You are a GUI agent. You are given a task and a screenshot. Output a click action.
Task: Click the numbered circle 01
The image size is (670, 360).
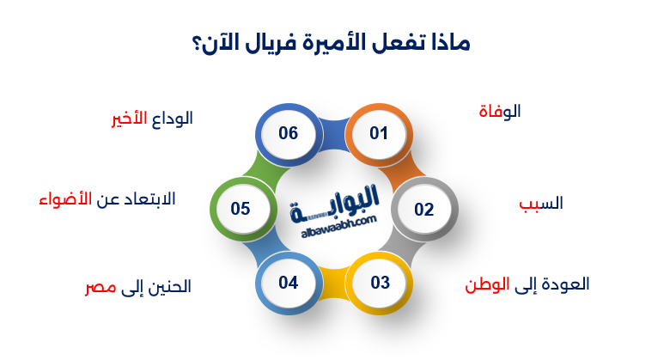pos(379,134)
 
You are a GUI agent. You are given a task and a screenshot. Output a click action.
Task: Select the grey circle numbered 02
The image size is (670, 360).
pos(423,209)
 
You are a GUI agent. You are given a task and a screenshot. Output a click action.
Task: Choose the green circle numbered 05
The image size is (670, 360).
pos(241,209)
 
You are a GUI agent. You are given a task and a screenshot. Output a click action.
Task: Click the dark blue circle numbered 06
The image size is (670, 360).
pos(288,134)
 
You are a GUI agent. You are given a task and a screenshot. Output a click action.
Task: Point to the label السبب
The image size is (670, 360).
pos(540,204)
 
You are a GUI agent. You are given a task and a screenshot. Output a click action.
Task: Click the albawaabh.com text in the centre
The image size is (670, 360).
pos(340,223)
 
